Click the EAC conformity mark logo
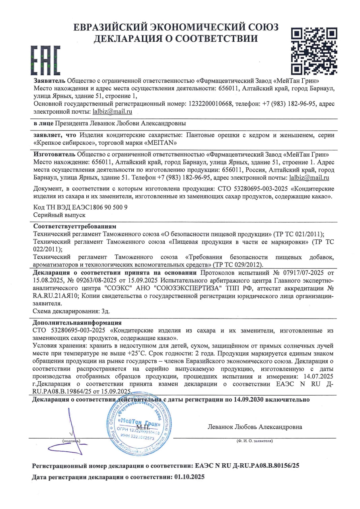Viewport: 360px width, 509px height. pyautogui.click(x=46, y=62)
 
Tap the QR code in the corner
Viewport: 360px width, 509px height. pyautogui.click(x=314, y=51)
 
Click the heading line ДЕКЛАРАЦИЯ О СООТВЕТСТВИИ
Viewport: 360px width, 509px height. pyautogui.click(x=175, y=39)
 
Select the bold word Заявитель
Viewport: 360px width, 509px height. pyautogui.click(x=49, y=80)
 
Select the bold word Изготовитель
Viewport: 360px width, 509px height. pyautogui.click(x=54, y=154)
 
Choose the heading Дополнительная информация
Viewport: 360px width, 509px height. pyautogui.click(x=77, y=322)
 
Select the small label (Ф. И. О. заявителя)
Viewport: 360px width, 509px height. pyautogui.click(x=255, y=441)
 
